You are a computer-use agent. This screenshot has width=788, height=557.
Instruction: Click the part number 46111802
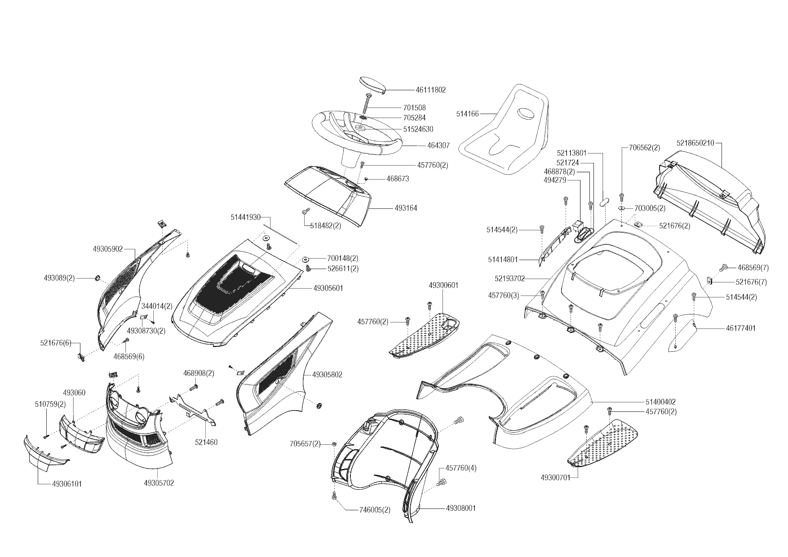click(430, 90)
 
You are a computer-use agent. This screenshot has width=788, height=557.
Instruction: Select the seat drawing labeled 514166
click(508, 135)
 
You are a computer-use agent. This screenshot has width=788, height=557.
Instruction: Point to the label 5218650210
click(695, 143)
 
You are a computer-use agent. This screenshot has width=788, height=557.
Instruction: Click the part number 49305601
click(328, 288)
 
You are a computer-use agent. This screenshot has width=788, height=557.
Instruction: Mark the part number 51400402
click(660, 402)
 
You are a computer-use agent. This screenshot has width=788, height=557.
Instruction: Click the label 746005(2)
click(375, 510)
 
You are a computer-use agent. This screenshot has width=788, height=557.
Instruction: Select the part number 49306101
click(67, 484)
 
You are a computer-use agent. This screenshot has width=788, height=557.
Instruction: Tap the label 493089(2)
click(59, 278)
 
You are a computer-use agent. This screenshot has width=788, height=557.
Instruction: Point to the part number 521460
click(206, 442)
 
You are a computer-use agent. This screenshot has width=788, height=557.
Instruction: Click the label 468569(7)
click(753, 268)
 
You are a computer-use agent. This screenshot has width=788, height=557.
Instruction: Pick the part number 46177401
click(740, 328)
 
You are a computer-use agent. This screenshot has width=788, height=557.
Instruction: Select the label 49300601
click(443, 285)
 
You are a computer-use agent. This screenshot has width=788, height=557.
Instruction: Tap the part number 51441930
click(246, 217)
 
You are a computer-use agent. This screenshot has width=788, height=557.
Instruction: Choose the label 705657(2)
click(305, 444)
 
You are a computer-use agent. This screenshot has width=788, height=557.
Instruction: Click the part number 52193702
click(509, 278)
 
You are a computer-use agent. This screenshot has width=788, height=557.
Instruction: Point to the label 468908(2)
click(199, 373)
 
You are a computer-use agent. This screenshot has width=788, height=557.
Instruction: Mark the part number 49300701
click(556, 477)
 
